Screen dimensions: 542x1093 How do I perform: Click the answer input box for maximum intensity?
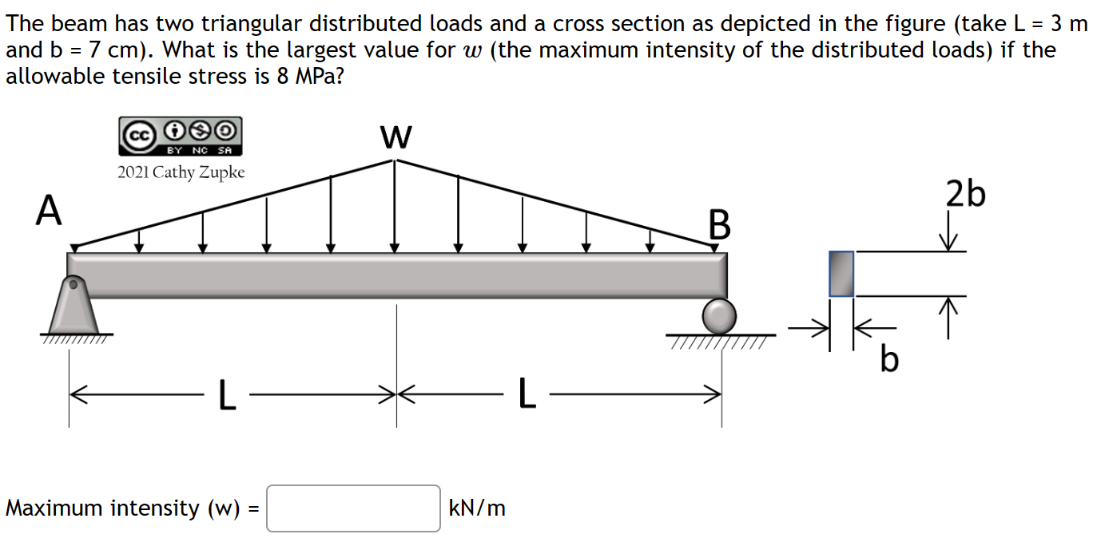tap(353, 508)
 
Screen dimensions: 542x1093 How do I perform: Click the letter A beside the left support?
tap(50, 212)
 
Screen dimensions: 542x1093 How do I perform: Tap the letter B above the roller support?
tap(719, 225)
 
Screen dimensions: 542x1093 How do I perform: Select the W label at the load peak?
tap(396, 137)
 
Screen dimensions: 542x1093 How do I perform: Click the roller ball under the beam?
tap(719, 316)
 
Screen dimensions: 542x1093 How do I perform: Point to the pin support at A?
tap(74, 307)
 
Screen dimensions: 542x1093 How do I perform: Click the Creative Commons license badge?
tap(180, 136)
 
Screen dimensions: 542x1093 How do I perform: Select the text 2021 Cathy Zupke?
tap(181, 172)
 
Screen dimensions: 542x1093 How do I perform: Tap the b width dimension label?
tap(889, 361)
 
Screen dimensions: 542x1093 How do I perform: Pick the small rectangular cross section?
tap(841, 273)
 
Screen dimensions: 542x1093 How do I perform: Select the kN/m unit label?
tap(478, 508)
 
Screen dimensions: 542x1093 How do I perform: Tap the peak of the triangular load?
tap(395, 160)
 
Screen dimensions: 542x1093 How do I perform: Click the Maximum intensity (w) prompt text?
tap(127, 508)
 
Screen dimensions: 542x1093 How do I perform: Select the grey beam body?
tap(396, 275)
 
